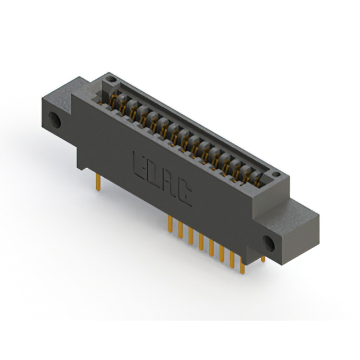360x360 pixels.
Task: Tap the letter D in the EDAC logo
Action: pos(155,174)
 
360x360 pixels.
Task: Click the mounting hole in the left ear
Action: pos(56,120)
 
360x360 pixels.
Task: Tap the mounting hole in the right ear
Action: pos(270,242)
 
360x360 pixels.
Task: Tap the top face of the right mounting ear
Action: pos(292,211)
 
